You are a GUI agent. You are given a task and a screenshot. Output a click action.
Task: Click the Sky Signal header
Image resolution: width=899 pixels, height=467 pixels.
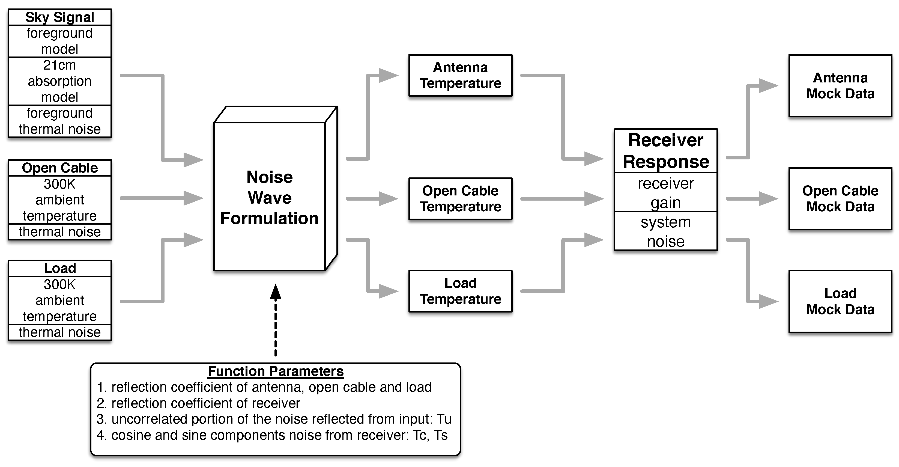(x=60, y=17)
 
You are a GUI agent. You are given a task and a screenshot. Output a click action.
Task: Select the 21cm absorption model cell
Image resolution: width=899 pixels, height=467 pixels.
(x=60, y=81)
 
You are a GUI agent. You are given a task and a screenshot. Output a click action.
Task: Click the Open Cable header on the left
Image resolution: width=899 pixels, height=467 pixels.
(x=60, y=168)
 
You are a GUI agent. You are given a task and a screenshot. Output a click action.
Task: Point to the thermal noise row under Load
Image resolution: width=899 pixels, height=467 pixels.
(x=60, y=332)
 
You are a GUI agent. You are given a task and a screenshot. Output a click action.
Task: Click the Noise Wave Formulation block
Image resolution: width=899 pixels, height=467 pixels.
(x=269, y=198)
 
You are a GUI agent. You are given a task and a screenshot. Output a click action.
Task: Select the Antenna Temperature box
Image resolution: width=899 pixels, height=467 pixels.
(x=460, y=75)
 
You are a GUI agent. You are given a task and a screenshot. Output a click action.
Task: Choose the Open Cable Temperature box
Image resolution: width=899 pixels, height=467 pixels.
(x=460, y=199)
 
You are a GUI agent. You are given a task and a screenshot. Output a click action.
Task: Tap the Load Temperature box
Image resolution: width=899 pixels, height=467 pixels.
(x=460, y=291)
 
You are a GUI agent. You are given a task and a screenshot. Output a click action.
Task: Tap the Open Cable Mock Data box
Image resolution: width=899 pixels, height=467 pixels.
(x=840, y=199)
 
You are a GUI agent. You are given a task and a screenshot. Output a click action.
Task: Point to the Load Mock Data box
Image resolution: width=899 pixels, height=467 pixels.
(x=840, y=301)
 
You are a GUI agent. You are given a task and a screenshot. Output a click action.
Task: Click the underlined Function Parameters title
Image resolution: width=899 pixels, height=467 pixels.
(x=276, y=371)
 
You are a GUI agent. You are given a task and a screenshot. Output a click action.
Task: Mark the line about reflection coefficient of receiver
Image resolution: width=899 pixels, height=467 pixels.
(x=198, y=403)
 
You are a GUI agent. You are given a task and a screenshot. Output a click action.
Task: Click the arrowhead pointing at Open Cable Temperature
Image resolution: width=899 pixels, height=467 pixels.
(x=388, y=199)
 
